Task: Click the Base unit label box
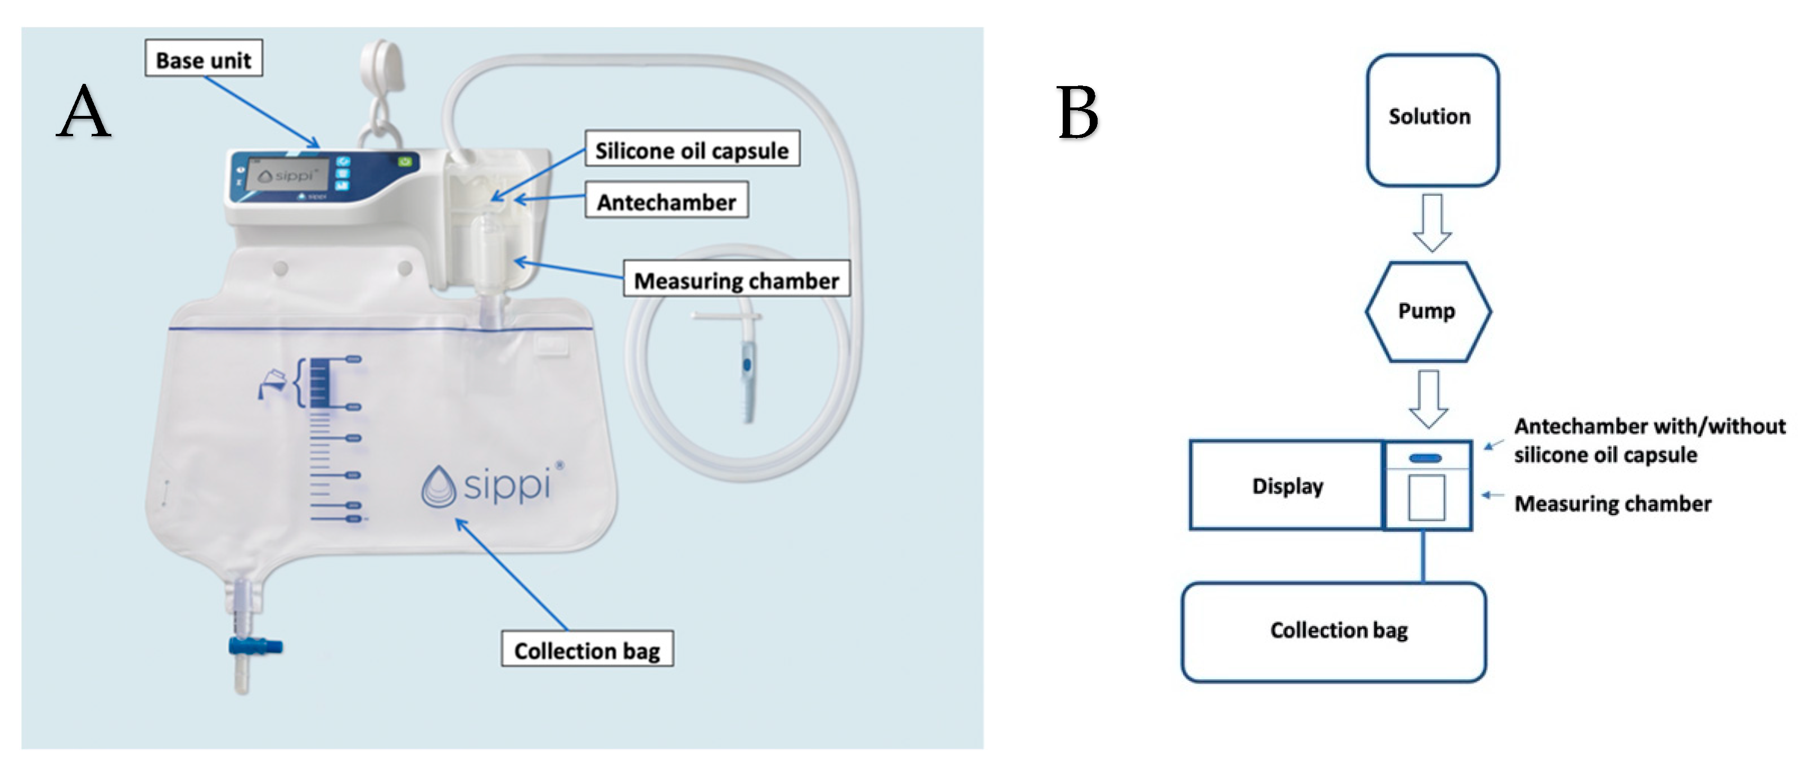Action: (x=203, y=59)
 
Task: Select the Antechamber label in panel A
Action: (x=666, y=201)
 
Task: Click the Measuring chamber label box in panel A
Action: (x=737, y=280)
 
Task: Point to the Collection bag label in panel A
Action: (x=587, y=649)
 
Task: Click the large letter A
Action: (x=84, y=112)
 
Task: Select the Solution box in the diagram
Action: (x=1431, y=119)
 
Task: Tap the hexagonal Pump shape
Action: (x=1427, y=311)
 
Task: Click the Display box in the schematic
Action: (x=1287, y=485)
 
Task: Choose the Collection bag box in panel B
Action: (x=1333, y=631)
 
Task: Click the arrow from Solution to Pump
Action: (x=1431, y=223)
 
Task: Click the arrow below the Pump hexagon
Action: (x=1428, y=398)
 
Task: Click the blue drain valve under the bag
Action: (x=255, y=645)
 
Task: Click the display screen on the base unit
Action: (x=293, y=174)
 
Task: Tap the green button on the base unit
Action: (x=405, y=162)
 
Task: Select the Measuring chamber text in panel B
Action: (x=1612, y=503)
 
